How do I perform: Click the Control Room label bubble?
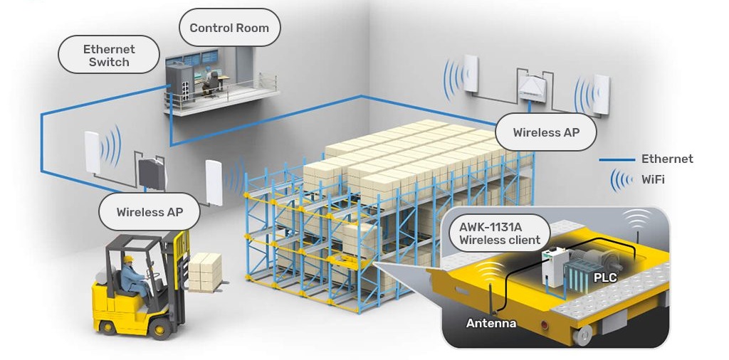tap(229, 28)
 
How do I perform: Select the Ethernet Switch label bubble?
tap(109, 55)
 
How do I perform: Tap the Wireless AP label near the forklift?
tap(150, 212)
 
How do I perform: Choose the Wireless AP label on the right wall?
tap(546, 132)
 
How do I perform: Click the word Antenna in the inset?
tap(491, 324)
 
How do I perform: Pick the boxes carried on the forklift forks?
tap(205, 271)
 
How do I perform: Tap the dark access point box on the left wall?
tap(152, 172)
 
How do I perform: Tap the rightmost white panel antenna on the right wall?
tap(602, 95)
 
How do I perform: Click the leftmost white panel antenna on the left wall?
tap(93, 151)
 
